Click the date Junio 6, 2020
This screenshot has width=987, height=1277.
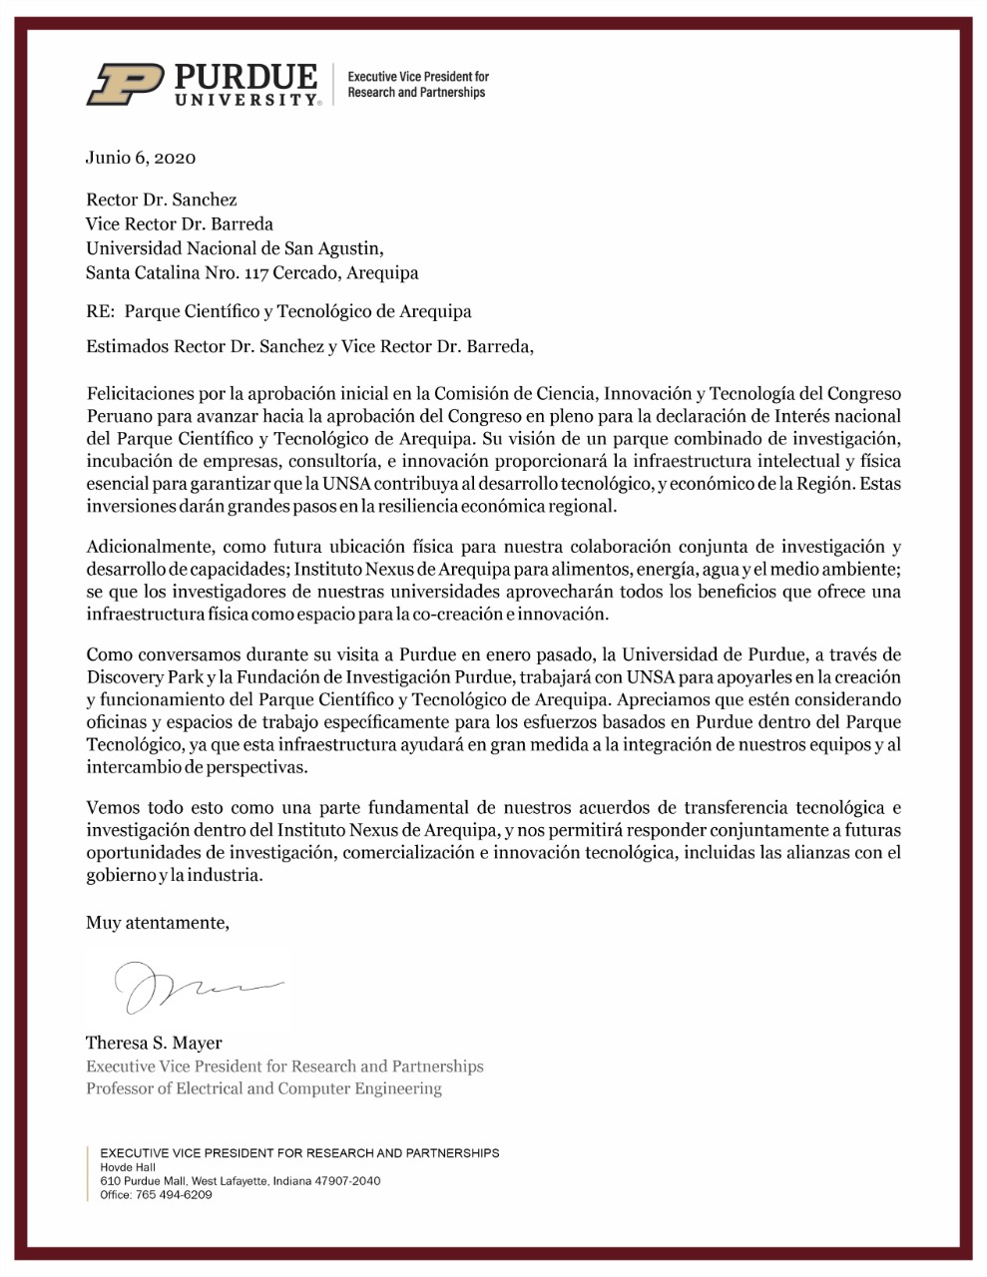(141, 158)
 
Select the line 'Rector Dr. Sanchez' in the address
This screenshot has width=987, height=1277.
(162, 200)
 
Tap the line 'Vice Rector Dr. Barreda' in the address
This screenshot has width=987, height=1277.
(180, 223)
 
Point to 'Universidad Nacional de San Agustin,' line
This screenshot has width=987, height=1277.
(235, 247)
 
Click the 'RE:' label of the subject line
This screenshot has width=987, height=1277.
(101, 311)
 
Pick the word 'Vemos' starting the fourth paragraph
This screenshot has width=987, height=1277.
(113, 807)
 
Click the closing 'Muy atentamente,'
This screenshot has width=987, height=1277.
(158, 923)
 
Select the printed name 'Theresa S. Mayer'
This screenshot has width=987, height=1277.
(154, 1044)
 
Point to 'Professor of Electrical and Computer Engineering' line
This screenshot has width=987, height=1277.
(263, 1087)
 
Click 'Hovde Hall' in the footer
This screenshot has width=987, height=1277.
(128, 1167)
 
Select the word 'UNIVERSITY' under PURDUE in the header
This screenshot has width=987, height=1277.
(246, 101)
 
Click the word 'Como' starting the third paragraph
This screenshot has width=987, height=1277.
(108, 655)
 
